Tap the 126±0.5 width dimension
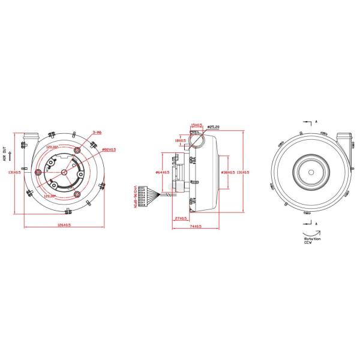[64, 225]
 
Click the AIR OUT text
[5, 155]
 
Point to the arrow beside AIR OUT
[11, 155]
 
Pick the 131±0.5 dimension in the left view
[13, 172]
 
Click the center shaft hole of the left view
[64, 172]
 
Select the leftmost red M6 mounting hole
[40, 172]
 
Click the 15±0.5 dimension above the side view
[195, 125]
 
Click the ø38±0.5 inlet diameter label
[228, 172]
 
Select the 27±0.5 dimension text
[179, 218]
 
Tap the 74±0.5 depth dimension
[195, 226]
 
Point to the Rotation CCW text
[312, 241]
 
